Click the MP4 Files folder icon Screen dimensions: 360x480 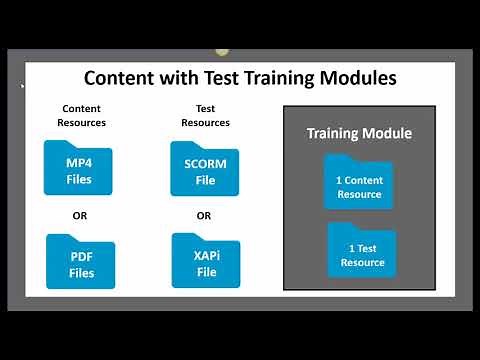pyautogui.click(x=79, y=168)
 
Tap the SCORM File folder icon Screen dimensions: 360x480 pyautogui.click(x=205, y=168)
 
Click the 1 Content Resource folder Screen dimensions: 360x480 pyautogui.click(x=358, y=182)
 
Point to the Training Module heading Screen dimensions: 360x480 pyautogui.click(x=359, y=133)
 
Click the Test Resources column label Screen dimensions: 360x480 pyautogui.click(x=206, y=115)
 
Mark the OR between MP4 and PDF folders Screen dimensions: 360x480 pyautogui.click(x=80, y=214)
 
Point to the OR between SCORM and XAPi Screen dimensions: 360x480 pyautogui.click(x=204, y=214)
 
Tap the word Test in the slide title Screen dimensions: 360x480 pyautogui.click(x=212, y=77)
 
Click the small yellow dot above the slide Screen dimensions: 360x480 pyautogui.click(x=222, y=51)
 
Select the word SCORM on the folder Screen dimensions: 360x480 pyautogui.click(x=205, y=164)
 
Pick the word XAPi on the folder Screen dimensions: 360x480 pyautogui.click(x=206, y=257)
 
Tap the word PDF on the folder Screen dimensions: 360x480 pyautogui.click(x=81, y=257)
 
